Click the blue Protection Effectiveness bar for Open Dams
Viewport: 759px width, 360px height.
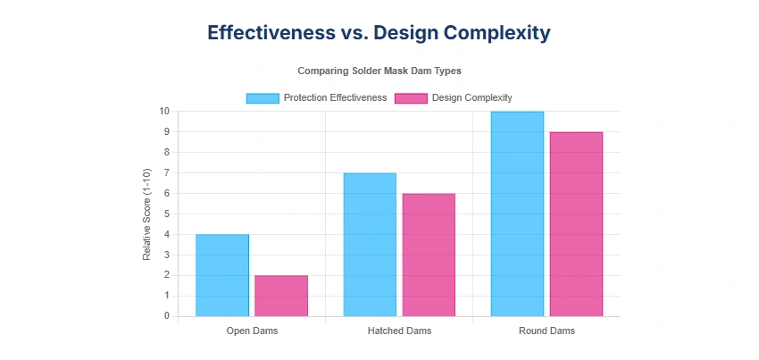222,275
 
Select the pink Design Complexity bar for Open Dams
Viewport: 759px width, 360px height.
281,296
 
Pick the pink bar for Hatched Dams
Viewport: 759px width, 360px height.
429,255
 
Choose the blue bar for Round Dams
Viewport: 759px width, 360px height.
517,213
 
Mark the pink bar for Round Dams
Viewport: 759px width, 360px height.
576,224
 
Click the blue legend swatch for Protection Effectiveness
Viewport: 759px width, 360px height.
263,97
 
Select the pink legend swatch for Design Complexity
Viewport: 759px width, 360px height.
412,97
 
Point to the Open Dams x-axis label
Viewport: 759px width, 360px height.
252,331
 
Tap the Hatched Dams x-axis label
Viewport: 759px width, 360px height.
399,331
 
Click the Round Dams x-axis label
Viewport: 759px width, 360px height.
546,331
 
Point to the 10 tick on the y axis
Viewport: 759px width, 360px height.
164,112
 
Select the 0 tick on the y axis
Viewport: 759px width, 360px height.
167,316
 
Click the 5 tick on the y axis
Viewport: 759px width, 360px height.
167,213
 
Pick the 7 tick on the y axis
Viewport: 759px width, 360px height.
167,173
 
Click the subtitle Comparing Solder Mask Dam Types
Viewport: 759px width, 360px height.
379,70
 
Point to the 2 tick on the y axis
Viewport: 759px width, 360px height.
167,275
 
